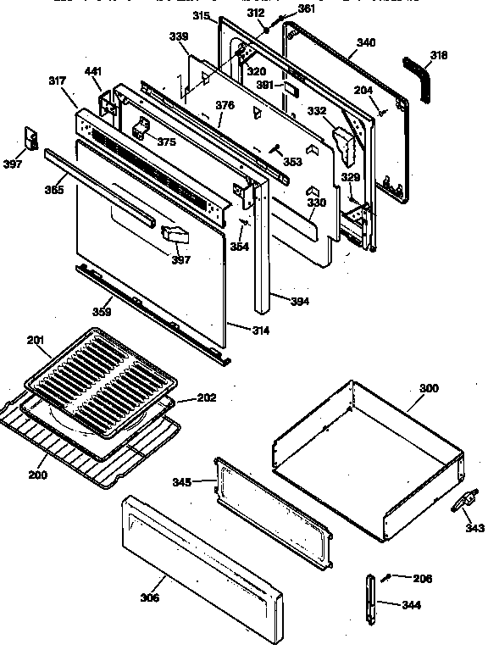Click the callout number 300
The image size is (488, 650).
429,388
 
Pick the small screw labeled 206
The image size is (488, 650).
387,577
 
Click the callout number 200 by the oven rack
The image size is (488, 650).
37,475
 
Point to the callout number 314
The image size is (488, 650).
260,330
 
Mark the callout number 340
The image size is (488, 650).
367,42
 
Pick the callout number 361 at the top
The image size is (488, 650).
306,8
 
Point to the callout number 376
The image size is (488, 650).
225,106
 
